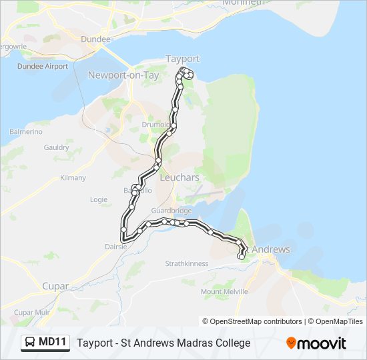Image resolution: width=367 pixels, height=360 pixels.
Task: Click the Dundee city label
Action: click(95, 39)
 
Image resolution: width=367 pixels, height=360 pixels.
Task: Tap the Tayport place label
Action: click(182, 59)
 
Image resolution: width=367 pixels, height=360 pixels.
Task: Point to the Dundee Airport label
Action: click(43, 66)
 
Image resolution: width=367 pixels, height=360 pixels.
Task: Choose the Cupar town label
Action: click(55, 286)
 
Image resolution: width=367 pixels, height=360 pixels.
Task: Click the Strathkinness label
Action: click(187, 263)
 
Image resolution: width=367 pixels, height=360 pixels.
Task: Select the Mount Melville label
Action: click(224, 291)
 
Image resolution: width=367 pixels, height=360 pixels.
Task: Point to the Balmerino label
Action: click(26, 132)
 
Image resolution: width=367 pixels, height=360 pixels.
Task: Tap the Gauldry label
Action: click(56, 147)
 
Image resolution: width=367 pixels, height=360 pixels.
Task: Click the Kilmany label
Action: click(73, 178)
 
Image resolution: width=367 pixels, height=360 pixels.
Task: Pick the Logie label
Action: click(98, 199)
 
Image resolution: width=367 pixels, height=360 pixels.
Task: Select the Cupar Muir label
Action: click(32, 312)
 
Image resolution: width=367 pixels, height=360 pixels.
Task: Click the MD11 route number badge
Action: click(45, 343)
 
